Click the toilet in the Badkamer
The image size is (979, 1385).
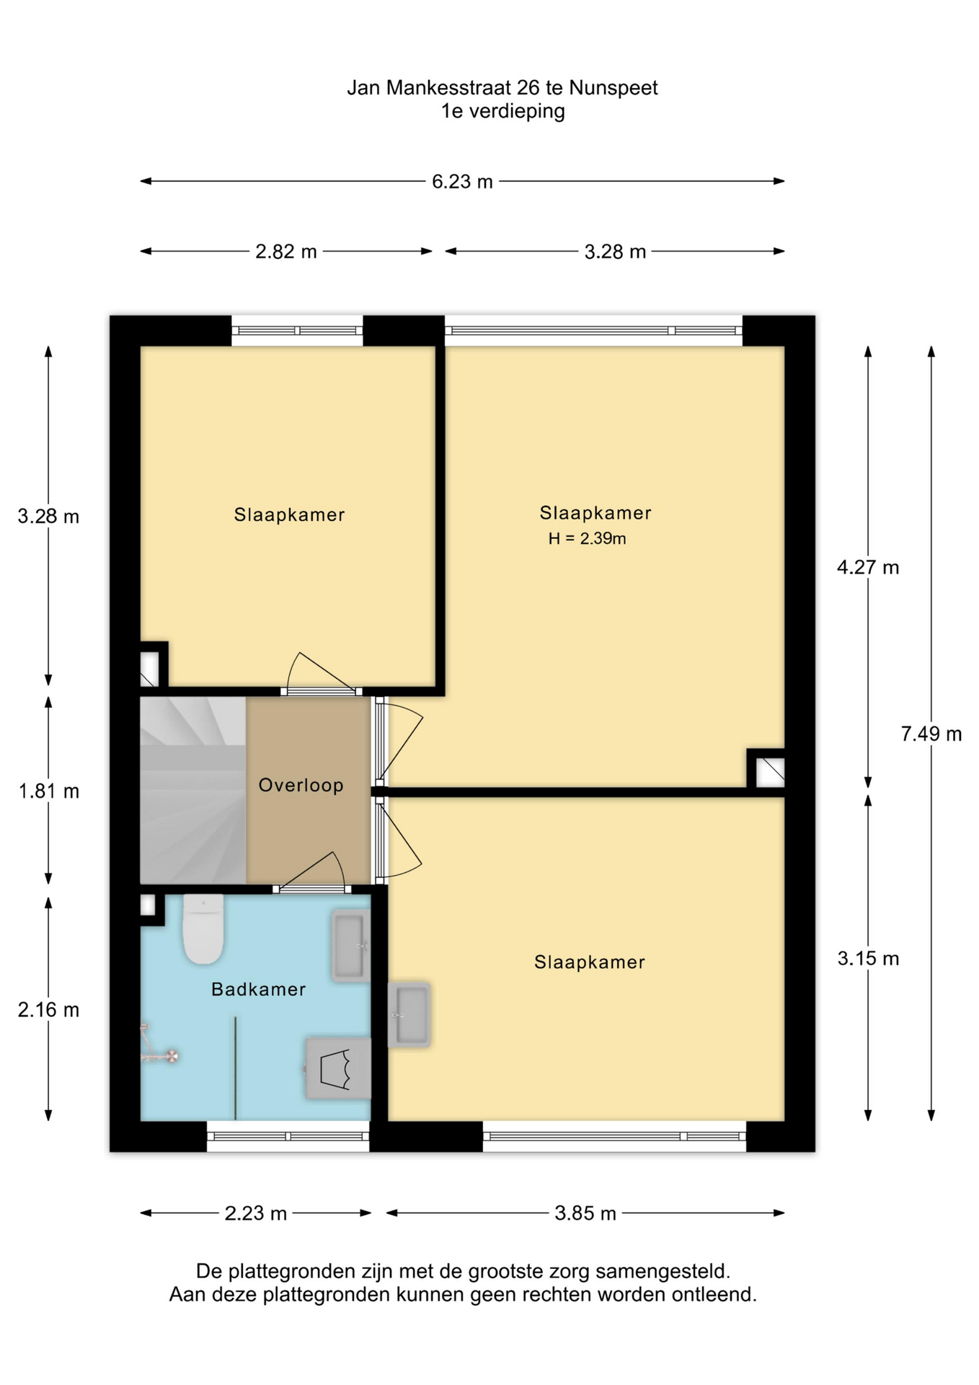coord(203,929)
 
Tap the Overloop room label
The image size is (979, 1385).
coord(301,786)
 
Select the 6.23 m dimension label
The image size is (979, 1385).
coord(462,182)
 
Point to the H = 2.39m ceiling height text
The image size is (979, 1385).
coord(587,538)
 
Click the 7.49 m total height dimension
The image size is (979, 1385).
coord(931,734)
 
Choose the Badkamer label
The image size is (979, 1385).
coord(259,990)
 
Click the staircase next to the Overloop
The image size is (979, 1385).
coord(192,790)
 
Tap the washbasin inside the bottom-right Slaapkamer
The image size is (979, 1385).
coord(409,1015)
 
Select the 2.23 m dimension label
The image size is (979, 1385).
coord(256,1213)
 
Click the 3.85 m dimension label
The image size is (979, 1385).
coord(585,1213)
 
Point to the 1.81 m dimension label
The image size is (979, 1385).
coord(48,791)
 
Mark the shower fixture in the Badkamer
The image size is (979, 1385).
coord(159,1045)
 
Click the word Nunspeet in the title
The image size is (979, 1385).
coord(613,88)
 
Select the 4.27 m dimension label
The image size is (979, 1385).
coord(868,568)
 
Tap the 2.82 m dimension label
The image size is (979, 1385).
coord(286,252)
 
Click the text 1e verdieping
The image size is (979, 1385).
coord(503,111)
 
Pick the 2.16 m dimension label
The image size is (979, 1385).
coord(48,1010)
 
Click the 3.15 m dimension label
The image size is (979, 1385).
coord(868,959)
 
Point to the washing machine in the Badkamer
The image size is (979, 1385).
coord(338,1069)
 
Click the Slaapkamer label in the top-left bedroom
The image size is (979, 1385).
coord(289,515)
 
